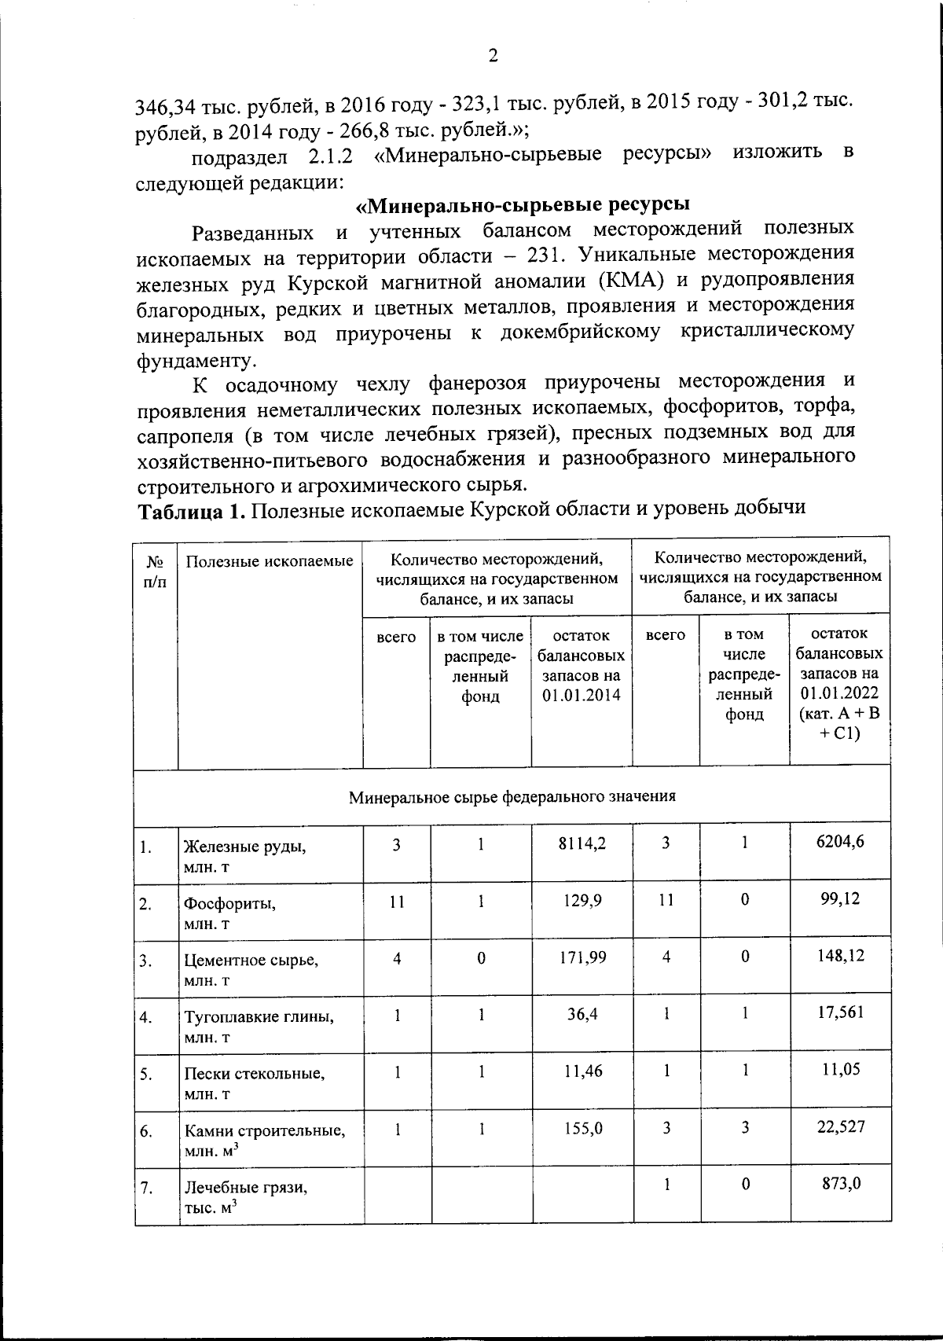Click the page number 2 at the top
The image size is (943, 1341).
[493, 56]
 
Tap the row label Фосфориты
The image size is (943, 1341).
[230, 903]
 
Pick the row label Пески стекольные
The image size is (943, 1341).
[254, 1073]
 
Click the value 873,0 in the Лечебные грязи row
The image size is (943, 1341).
[838, 1183]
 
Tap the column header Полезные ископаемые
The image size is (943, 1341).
[269, 560]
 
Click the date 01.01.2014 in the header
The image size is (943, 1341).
[582, 696]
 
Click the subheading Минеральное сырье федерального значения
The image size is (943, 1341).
[512, 796]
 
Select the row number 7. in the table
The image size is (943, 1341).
[146, 1187]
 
